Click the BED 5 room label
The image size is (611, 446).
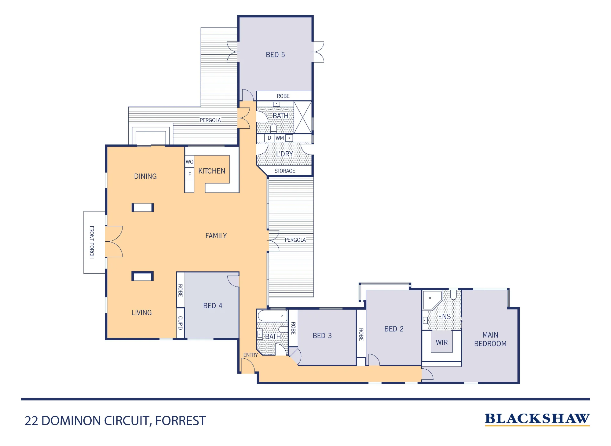pos(275,55)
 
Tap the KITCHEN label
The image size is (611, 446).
pos(212,171)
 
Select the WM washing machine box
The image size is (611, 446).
pos(280,138)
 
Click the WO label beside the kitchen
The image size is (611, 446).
pos(189,162)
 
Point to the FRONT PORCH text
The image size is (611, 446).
pos(92,242)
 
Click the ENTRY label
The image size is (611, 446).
pos(251,355)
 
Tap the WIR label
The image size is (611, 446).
pos(442,342)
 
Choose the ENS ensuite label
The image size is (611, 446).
pos(444,316)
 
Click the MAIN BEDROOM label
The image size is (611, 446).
pos(490,339)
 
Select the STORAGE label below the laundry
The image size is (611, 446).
pos(285,171)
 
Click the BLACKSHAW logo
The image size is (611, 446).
pos(537,419)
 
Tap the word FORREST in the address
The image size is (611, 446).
pos(181,421)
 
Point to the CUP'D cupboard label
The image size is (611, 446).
pos(180,323)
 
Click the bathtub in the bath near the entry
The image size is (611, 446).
pos(273,315)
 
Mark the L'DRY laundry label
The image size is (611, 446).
pos(284,154)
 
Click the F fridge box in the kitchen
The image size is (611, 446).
pos(189,174)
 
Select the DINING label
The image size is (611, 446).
pos(145,176)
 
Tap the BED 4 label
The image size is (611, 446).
pos(213,306)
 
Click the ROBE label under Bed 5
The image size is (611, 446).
pos(283,96)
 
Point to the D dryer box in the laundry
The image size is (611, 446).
pos(269,138)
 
